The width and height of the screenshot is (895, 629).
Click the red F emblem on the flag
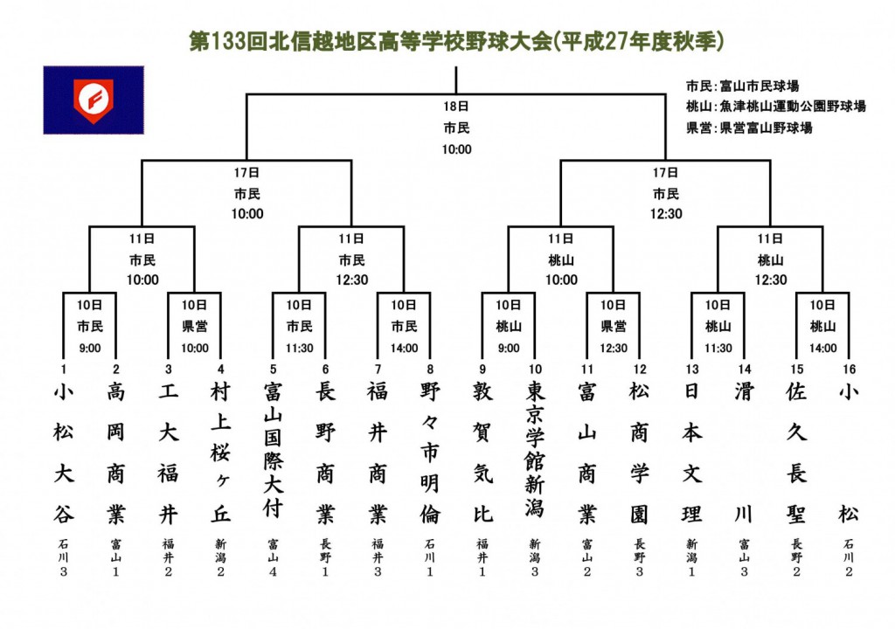(94, 100)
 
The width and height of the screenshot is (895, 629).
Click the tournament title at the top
(456, 41)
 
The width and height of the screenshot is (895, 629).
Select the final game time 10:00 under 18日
(456, 149)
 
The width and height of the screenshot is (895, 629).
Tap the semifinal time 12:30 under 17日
(666, 214)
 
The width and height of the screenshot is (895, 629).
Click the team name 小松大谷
(63, 453)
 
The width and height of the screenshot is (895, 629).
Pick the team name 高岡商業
(116, 453)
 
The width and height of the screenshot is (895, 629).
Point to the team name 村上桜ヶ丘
(220, 453)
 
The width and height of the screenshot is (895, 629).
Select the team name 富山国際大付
(273, 450)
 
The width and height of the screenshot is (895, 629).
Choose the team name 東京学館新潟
(535, 450)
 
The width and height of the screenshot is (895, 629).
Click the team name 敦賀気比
(482, 453)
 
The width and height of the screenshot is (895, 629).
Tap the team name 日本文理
(692, 453)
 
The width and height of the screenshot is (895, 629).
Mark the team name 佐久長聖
(796, 453)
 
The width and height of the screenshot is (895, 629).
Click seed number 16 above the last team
(850, 370)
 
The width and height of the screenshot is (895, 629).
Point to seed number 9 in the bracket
(482, 370)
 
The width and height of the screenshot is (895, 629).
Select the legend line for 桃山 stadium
(776, 107)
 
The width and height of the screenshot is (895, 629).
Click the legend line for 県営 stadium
(749, 128)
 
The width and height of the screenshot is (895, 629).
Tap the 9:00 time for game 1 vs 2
(90, 349)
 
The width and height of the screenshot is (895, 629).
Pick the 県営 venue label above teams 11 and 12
(614, 327)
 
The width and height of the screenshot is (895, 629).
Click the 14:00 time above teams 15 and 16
(823, 349)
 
